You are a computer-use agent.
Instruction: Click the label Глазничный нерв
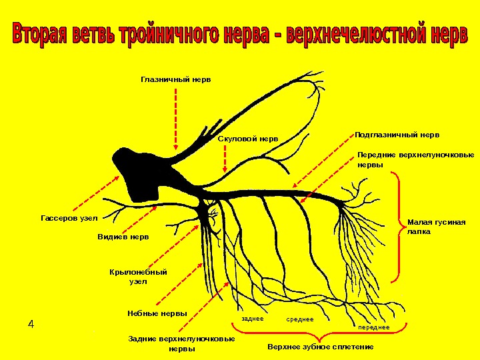[175, 79]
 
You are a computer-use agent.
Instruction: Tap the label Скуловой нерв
[248, 139]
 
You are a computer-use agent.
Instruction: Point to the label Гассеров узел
[69, 218]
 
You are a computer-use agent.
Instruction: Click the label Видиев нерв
[123, 237]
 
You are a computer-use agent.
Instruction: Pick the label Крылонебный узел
[138, 277]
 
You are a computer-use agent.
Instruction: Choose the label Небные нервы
[157, 313]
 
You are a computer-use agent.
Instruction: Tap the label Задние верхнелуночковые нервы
[181, 343]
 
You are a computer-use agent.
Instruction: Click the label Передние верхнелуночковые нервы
[415, 159]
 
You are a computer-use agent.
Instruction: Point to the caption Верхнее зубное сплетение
[321, 347]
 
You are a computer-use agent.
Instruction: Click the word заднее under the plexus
[253, 319]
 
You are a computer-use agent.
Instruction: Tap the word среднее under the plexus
[300, 319]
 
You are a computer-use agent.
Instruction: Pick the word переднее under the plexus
[373, 327]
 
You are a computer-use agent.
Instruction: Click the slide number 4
[31, 325]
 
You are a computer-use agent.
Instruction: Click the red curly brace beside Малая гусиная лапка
[398, 227]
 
